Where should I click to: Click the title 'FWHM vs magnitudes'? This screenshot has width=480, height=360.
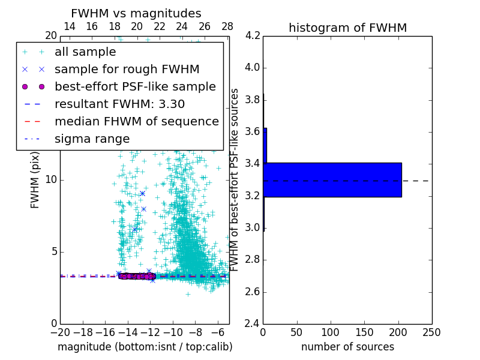(136, 14)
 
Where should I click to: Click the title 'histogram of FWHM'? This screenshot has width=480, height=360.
(347, 28)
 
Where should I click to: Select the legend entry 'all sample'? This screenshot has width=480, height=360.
(85, 52)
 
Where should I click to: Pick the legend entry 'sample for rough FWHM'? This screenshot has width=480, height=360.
(127, 69)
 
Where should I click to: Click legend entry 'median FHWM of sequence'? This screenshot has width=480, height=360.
(136, 121)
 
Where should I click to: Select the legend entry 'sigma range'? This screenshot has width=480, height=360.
(92, 139)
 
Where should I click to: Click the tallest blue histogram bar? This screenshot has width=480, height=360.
(332, 179)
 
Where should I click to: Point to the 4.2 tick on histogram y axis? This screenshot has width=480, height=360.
(252, 35)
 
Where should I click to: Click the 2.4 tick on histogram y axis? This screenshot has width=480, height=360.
(252, 324)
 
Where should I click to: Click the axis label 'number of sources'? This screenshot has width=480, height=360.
(347, 347)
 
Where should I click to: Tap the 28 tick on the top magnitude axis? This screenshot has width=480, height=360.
(227, 26)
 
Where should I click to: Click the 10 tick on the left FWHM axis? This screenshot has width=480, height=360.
(51, 179)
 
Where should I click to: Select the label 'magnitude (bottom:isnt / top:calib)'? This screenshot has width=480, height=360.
(145, 347)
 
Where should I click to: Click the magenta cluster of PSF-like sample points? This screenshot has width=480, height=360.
(137, 276)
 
